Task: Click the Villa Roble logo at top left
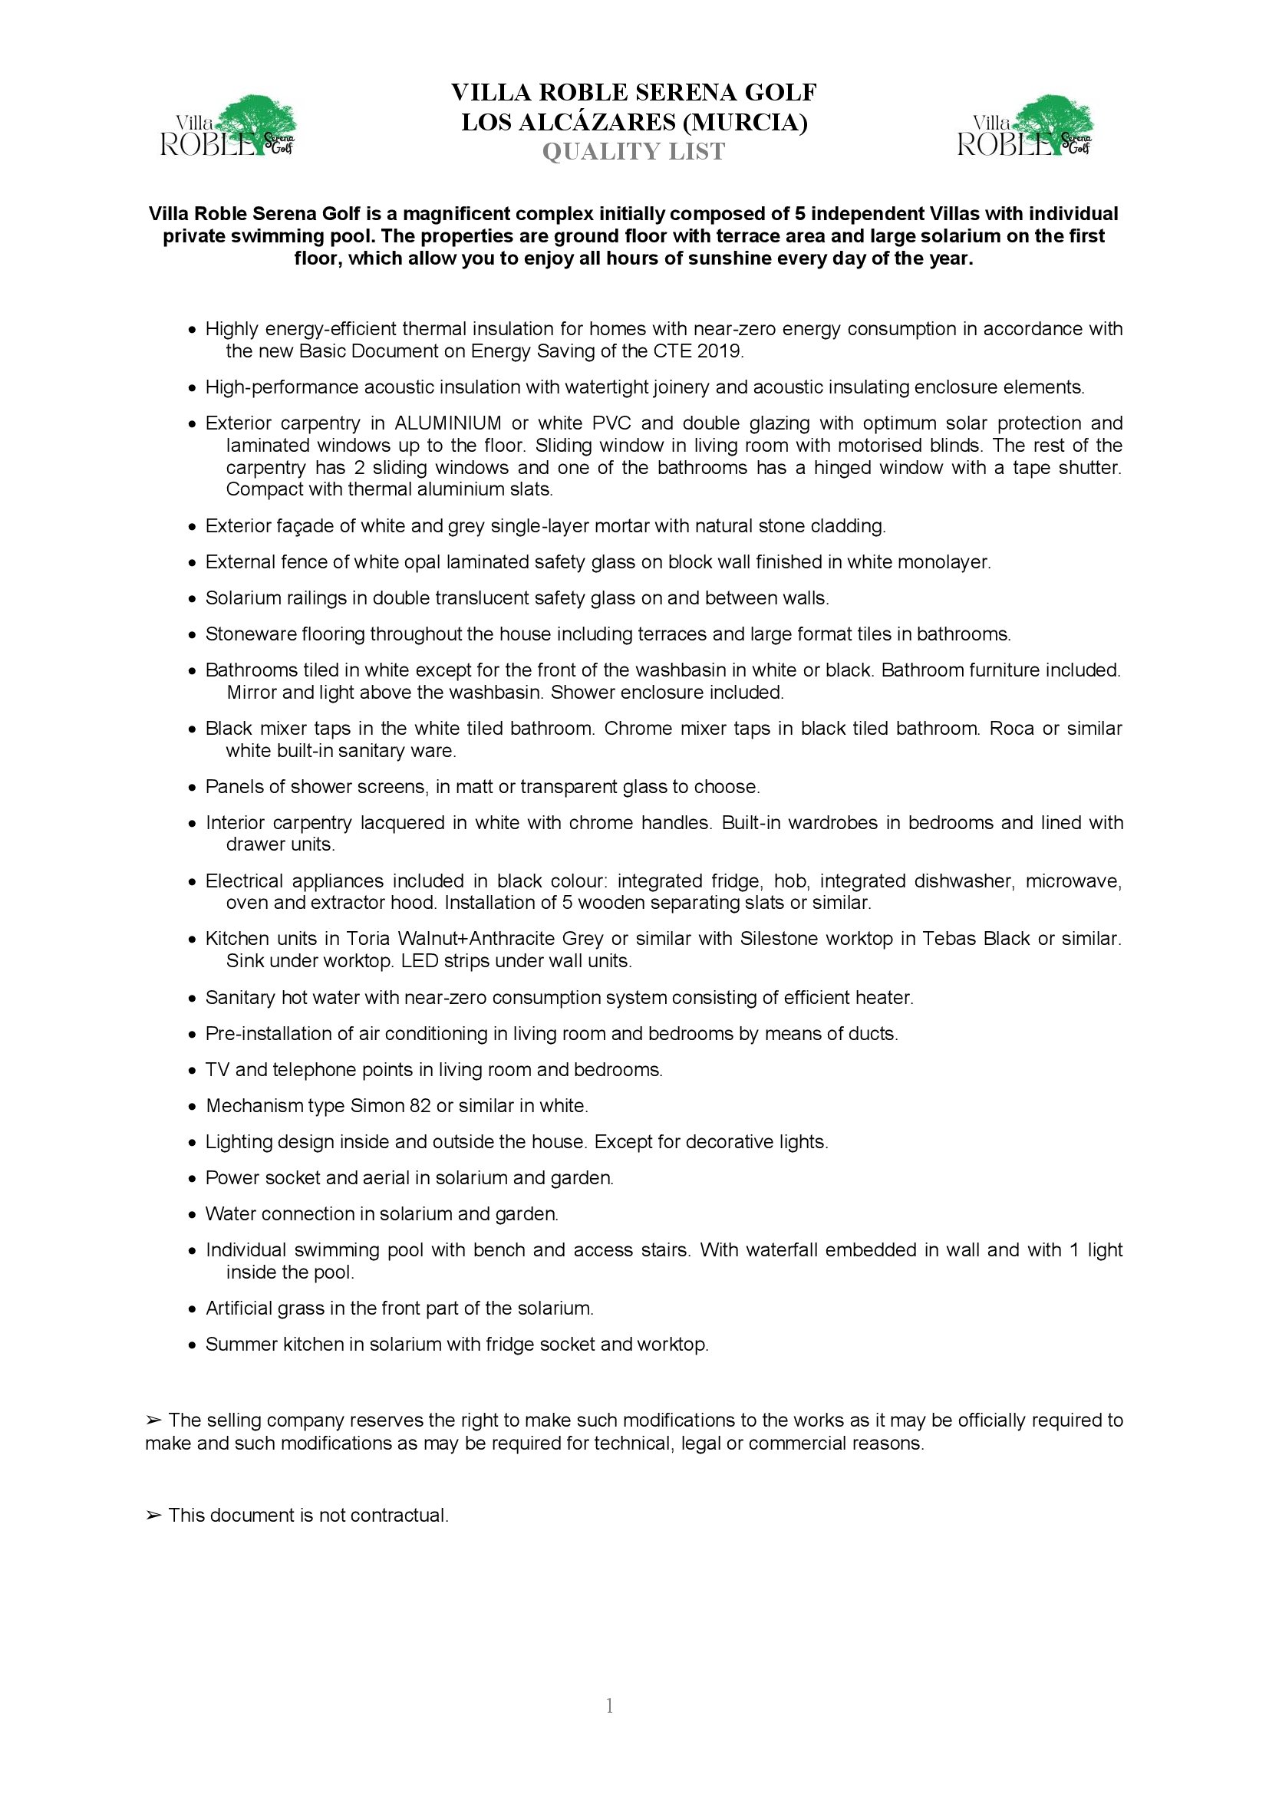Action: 227,127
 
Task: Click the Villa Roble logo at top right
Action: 1024,127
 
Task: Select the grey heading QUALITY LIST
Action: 634,152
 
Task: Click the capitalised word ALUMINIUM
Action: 448,423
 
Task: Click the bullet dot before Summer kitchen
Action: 193,1345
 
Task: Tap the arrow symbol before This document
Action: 153,1516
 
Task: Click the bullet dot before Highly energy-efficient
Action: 193,331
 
